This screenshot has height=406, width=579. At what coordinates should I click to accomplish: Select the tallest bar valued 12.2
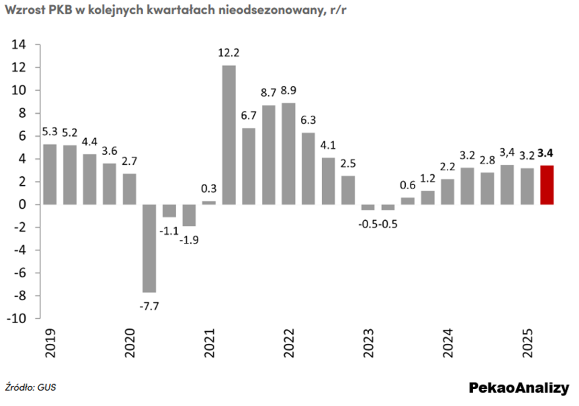[229, 135]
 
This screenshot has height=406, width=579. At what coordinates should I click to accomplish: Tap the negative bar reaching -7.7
[149, 248]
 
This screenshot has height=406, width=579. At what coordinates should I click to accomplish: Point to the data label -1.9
[189, 240]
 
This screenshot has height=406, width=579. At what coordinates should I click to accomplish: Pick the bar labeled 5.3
[50, 174]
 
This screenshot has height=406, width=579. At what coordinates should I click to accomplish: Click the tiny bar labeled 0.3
[209, 203]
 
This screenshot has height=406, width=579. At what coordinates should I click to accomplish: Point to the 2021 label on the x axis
[209, 343]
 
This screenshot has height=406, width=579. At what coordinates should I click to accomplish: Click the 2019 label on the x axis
[50, 343]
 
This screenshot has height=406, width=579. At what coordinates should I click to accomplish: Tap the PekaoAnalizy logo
[519, 387]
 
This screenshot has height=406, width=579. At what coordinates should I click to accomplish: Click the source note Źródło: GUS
[31, 386]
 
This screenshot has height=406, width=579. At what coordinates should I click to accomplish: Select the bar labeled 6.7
[249, 166]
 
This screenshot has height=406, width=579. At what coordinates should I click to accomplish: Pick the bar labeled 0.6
[408, 201]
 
